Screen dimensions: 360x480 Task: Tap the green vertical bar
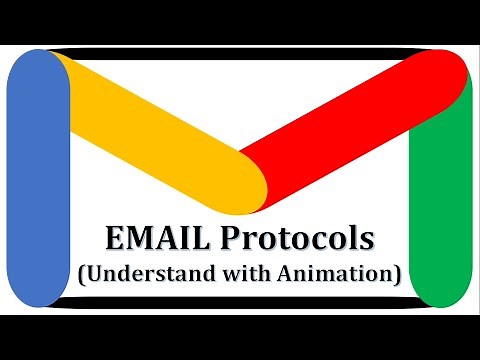[440, 190]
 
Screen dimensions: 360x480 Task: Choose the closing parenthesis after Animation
[396, 273]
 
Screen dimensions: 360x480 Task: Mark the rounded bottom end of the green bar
[440, 295]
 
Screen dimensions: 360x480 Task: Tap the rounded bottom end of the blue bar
[38, 295]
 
